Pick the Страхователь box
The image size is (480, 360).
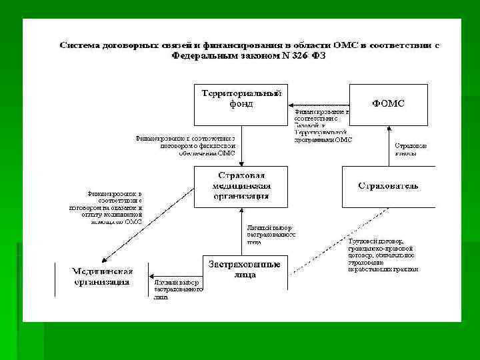pos(388,186)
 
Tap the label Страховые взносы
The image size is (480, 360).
pos(411,149)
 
